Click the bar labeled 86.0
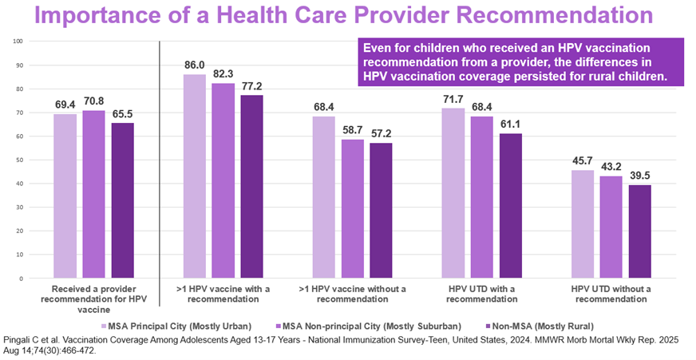click(195, 176)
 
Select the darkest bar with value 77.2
click(252, 187)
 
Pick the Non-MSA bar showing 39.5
click(640, 231)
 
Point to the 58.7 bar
click(353, 209)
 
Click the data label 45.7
click(583, 162)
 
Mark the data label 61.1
click(511, 125)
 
